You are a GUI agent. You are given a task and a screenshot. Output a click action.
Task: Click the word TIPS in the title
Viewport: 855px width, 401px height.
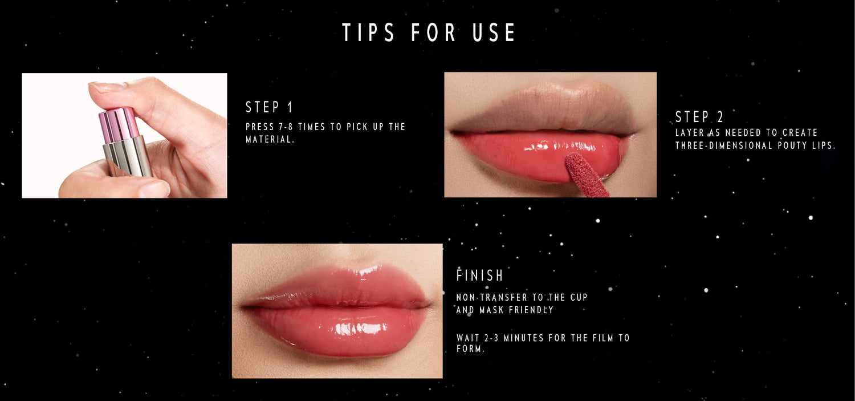368,32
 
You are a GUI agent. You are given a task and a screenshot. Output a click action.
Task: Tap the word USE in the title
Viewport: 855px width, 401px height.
494,32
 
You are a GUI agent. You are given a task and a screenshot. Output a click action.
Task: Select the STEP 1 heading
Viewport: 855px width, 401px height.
269,107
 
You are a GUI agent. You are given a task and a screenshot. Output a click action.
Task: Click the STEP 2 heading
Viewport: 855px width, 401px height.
699,117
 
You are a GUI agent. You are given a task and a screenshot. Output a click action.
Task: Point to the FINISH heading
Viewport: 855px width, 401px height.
480,276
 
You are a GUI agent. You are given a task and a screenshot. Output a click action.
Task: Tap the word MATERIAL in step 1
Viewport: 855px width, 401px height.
268,139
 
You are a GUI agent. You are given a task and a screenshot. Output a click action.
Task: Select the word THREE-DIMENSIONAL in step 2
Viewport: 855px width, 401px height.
723,145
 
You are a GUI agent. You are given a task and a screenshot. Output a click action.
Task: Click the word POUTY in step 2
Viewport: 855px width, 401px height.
792,145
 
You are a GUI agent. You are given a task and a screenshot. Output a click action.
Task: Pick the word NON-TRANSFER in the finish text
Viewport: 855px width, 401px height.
491,298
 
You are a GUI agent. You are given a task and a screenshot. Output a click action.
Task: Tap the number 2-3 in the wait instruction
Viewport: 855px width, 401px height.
491,338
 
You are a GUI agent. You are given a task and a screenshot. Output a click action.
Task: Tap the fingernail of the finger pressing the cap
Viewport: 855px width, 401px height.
107,87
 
